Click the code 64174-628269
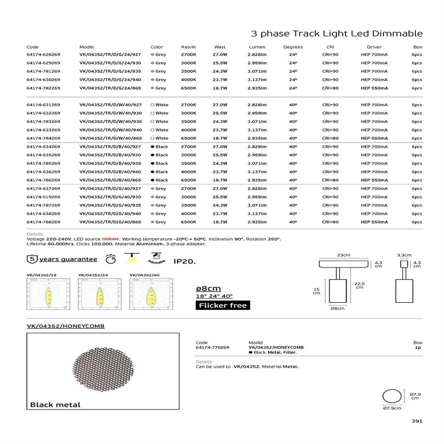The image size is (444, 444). [x=43, y=54]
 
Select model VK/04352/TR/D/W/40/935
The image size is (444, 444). [x=110, y=121]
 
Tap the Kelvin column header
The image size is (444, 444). [x=188, y=47]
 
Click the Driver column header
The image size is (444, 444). [x=374, y=47]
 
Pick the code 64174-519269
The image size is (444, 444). [x=43, y=197]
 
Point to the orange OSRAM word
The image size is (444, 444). [x=110, y=239]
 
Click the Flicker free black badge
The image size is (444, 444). [x=223, y=305]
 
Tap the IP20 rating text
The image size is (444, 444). [x=184, y=261]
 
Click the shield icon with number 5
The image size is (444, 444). [x=32, y=259]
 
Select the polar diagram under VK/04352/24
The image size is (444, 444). [x=99, y=294]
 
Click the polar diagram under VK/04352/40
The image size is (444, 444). [x=151, y=294]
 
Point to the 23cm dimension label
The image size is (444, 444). [x=343, y=255]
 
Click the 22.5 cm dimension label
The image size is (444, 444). [x=359, y=285]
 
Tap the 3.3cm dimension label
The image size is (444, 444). [x=404, y=255]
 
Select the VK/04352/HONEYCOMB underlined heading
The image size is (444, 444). [x=65, y=326]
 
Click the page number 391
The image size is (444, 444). [x=417, y=421]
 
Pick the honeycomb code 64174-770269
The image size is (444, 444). [x=212, y=347]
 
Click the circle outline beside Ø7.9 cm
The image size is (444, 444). [x=392, y=396]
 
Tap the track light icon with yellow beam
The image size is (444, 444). [x=132, y=258]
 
